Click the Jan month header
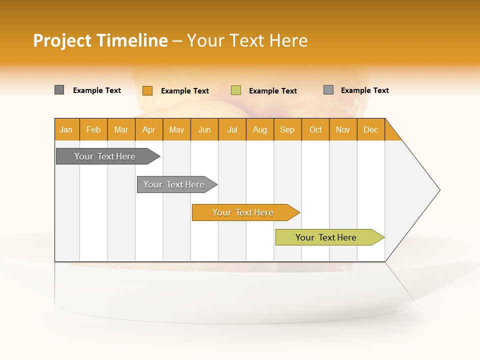[x=66, y=129]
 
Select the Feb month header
[x=93, y=129]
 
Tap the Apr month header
[x=149, y=129]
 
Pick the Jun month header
[x=204, y=129]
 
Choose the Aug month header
[x=260, y=129]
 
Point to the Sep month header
[x=287, y=129]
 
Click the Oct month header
[x=315, y=129]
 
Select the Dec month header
[x=371, y=129]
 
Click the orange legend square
[x=147, y=90]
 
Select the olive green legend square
[x=236, y=90]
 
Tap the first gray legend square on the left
[x=59, y=90]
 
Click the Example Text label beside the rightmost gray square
[x=364, y=90]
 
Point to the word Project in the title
[x=62, y=40]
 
